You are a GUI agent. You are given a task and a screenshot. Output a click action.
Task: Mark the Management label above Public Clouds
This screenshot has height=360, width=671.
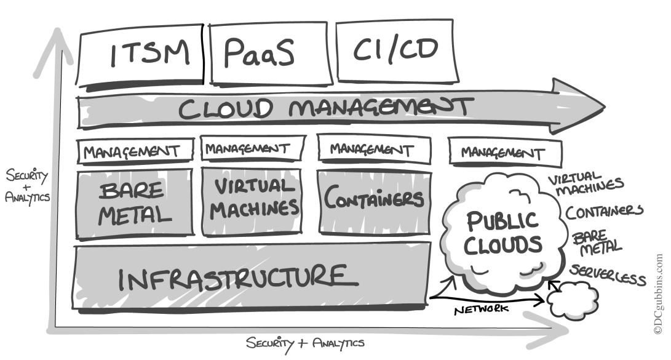(505, 153)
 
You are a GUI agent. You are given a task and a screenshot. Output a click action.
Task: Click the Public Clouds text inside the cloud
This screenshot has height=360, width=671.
(502, 232)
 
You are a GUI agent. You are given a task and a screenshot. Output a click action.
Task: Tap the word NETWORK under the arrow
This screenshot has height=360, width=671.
(482, 309)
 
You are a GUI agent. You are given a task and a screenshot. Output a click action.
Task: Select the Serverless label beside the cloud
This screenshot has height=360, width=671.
(608, 276)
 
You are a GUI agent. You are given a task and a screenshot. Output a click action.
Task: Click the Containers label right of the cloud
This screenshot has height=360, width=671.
(605, 213)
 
